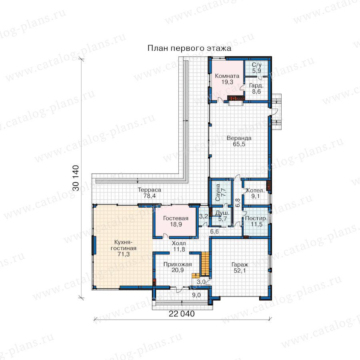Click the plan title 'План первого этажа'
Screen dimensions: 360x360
click(189, 48)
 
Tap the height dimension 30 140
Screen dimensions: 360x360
click(76, 178)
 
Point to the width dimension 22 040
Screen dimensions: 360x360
click(182, 314)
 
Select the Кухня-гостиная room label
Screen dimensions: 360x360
click(124, 248)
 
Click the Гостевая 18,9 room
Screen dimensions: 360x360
click(176, 221)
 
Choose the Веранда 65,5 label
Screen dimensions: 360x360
click(239, 141)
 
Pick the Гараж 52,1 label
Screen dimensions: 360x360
click(240, 268)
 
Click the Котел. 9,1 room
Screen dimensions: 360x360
click(255, 193)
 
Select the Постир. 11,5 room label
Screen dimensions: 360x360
click(256, 221)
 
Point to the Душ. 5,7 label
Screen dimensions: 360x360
click(222, 216)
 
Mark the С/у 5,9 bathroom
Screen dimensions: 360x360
click(257, 68)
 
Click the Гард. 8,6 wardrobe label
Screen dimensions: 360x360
click(256, 88)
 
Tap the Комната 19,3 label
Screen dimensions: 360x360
click(227, 79)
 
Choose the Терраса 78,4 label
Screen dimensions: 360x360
click(150, 193)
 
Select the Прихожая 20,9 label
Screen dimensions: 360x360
click(178, 267)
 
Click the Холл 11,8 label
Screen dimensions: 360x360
click(179, 246)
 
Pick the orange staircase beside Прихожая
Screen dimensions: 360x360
click(206, 264)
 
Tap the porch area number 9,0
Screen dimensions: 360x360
click(196, 295)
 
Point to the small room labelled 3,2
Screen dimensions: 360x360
click(204, 216)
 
